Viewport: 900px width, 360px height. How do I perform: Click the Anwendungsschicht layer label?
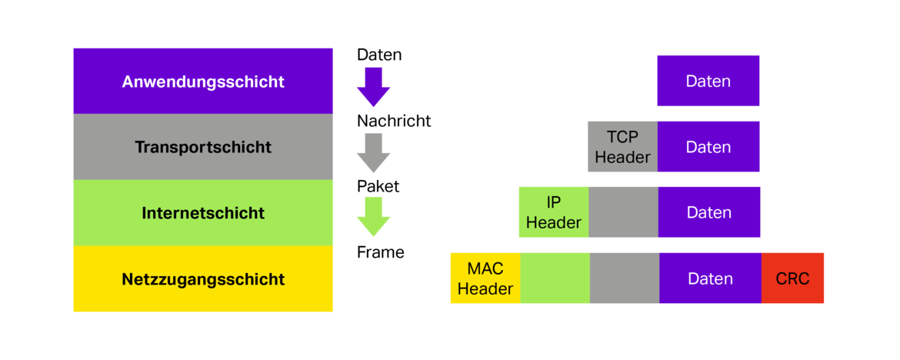point(203,82)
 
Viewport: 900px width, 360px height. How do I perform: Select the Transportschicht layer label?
point(203,147)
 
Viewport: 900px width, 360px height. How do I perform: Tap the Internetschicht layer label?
point(203,213)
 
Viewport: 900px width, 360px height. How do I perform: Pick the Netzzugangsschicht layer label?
point(203,279)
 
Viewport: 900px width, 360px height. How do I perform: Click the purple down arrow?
point(373,86)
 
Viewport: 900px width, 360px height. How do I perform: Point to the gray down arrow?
point(373,152)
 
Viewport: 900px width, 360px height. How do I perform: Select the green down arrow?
point(373,216)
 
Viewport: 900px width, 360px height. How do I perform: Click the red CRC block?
point(793,278)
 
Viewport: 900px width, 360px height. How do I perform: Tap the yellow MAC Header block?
point(485,278)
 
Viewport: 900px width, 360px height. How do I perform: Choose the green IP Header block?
point(553,212)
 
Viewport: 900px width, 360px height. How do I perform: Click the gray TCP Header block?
point(622,146)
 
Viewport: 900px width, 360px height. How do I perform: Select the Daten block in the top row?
point(708,81)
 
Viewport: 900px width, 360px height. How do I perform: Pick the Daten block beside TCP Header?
point(708,146)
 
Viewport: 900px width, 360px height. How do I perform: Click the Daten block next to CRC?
point(710,278)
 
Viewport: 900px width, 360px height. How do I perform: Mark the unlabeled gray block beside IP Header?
point(624,212)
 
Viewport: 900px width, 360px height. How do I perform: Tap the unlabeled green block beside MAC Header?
point(555,278)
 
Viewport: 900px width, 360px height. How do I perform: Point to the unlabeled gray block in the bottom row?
point(625,278)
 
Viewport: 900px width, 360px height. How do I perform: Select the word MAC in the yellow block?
point(485,268)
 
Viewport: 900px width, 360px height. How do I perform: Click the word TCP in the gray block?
point(622,137)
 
